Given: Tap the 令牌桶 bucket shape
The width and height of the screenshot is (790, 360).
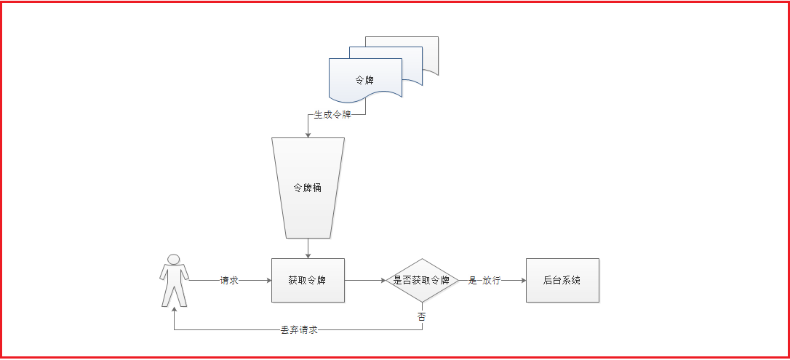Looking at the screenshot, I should point(308,188).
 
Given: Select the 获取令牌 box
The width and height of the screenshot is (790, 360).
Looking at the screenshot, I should point(308,280).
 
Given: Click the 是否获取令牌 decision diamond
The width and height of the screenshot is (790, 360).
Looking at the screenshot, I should point(422,280).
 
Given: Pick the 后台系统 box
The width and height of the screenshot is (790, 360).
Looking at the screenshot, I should point(562,280).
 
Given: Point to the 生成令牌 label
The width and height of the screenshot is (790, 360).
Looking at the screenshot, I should point(332,115).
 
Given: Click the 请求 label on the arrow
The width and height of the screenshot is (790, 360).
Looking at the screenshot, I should point(229,280).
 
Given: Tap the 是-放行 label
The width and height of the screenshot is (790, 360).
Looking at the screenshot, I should point(484,280).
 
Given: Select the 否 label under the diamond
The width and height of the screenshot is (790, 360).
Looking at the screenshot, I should point(422,316).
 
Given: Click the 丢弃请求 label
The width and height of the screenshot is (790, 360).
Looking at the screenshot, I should point(299,329).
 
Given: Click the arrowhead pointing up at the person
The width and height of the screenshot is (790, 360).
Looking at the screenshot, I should point(174,308).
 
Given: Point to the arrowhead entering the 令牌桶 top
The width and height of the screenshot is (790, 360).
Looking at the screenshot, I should point(308,135).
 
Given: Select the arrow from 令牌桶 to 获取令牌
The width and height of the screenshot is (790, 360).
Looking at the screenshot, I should point(308,247).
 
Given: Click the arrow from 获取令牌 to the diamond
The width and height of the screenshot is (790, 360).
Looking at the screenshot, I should point(364,280).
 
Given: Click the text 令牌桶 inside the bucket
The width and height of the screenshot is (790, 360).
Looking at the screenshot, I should point(308,188).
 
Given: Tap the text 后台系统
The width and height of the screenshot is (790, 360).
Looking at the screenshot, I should point(562,280).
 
